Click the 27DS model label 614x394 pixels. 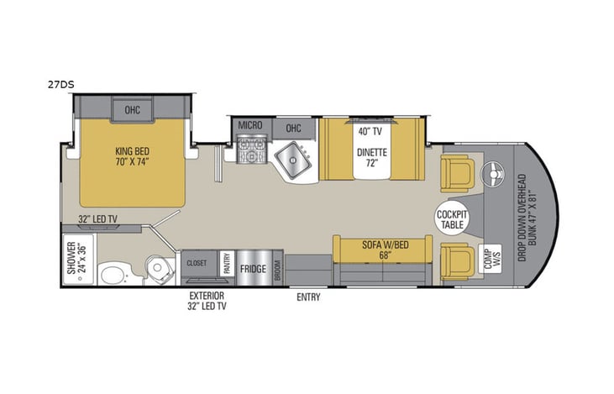[x=60, y=84]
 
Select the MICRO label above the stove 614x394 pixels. [x=250, y=125]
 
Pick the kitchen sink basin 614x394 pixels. [x=293, y=158]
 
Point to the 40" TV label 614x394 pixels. [x=370, y=132]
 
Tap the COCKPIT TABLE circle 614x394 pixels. [x=452, y=220]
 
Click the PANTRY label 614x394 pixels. [x=226, y=264]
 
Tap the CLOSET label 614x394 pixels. [x=196, y=262]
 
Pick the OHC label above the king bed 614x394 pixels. [x=133, y=109]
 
